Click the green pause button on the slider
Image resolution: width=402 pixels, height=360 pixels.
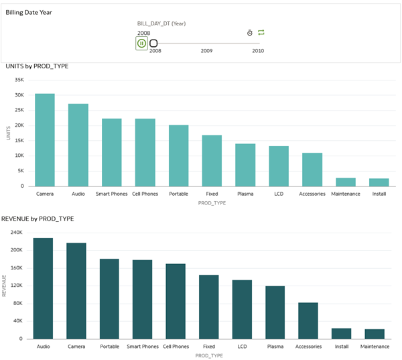coord(141,44)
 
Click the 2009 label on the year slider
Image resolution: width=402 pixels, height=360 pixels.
coord(206,51)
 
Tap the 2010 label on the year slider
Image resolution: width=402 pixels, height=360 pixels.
coord(258,51)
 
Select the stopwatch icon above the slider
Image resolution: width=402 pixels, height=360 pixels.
coord(249,32)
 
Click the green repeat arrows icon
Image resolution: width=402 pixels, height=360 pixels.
coord(261,32)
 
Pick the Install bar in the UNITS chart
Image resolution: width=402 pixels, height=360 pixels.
coord(379,182)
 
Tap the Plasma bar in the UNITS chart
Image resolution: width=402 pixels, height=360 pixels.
coord(245,165)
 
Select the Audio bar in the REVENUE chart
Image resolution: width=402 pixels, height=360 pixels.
coord(43,288)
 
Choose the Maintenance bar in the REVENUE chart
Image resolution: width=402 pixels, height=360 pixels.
coord(375,334)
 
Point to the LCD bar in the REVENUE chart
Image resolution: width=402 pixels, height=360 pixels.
coord(242,309)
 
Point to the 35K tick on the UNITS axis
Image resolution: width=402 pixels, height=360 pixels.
coord(19,79)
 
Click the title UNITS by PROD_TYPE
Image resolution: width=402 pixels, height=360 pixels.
coord(37,66)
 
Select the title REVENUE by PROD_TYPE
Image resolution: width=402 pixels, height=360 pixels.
coord(38,219)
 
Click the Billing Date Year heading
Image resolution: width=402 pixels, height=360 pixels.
coord(29,13)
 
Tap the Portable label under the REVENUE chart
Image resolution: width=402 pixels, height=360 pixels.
coord(109,347)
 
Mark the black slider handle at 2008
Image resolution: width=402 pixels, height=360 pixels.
coord(153,44)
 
